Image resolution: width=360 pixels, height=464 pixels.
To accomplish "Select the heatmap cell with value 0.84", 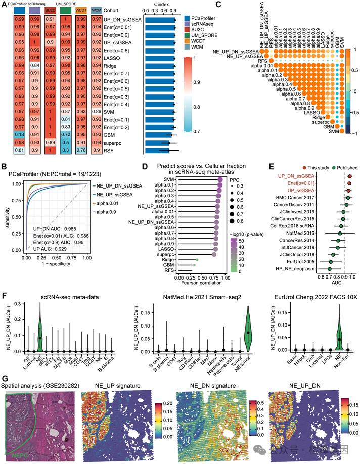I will point(35,65).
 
